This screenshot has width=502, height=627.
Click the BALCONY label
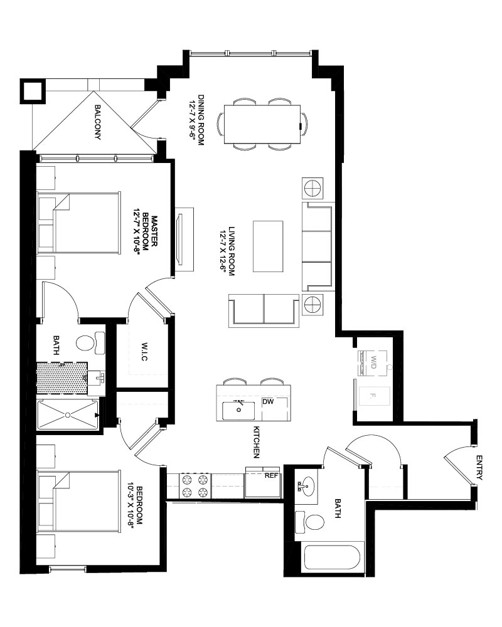[97, 122]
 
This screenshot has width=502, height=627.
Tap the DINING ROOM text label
[201, 120]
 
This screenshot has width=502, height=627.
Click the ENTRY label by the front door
[479, 468]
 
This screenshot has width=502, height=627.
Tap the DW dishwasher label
[268, 401]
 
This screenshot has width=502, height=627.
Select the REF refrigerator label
[271, 476]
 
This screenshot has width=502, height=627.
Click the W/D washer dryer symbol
[373, 362]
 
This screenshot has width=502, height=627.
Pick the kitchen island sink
[238, 411]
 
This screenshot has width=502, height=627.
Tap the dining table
[262, 124]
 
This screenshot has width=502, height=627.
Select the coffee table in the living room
[268, 246]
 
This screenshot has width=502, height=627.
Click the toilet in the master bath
[90, 343]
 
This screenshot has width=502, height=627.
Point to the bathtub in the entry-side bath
[332, 557]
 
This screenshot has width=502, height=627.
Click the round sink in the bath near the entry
[307, 487]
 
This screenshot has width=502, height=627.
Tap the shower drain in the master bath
[68, 414]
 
